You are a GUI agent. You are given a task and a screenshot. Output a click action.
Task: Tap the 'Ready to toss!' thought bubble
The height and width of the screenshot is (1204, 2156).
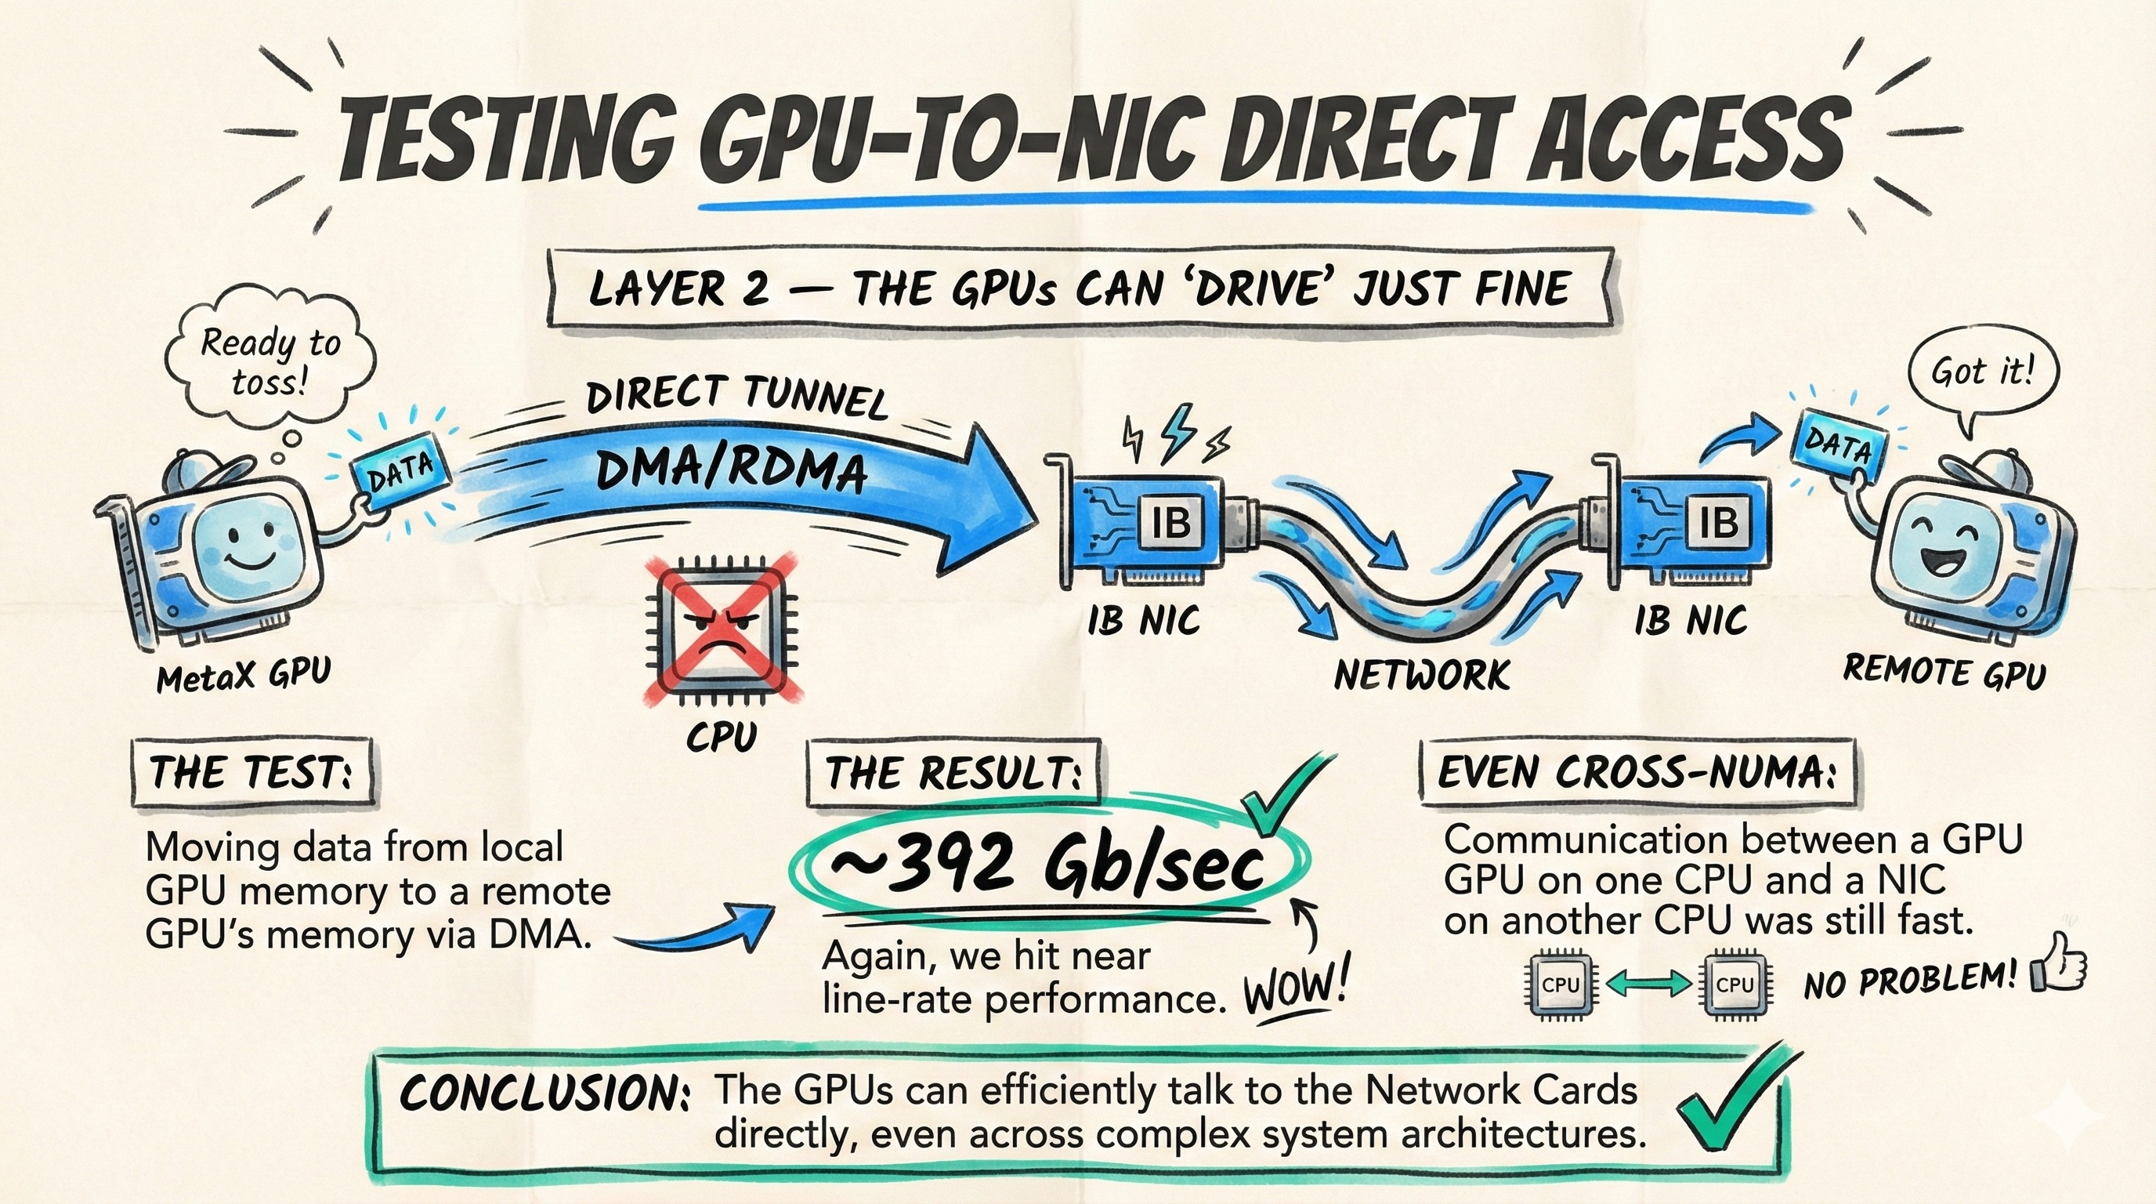[x=269, y=360]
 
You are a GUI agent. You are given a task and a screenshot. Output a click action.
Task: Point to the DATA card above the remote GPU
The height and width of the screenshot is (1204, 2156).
[x=1839, y=444]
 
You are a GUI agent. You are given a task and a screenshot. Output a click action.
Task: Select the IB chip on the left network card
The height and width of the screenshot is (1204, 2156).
[x=1171, y=523]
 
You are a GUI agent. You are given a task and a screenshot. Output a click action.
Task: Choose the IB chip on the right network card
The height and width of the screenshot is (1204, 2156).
[x=1718, y=521]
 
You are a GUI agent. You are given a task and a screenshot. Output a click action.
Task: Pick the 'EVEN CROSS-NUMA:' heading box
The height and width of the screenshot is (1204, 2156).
[x=1637, y=772]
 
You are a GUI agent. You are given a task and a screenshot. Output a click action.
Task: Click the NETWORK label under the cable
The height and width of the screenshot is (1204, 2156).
[x=1421, y=674]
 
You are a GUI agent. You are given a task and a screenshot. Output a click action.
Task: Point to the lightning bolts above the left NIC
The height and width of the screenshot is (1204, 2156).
[x=1176, y=435]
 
